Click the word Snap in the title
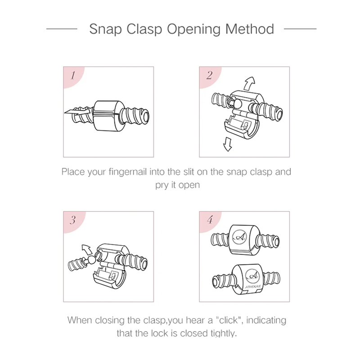[105, 29]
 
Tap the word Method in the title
[250, 29]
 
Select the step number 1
[73, 75]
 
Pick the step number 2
[209, 75]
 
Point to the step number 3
[72, 220]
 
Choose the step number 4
[210, 220]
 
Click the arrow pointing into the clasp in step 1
[77, 112]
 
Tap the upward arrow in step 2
[249, 84]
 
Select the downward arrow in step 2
[228, 144]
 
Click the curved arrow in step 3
[87, 250]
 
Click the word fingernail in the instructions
[128, 172]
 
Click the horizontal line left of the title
[62, 29]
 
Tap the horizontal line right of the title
[300, 29]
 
